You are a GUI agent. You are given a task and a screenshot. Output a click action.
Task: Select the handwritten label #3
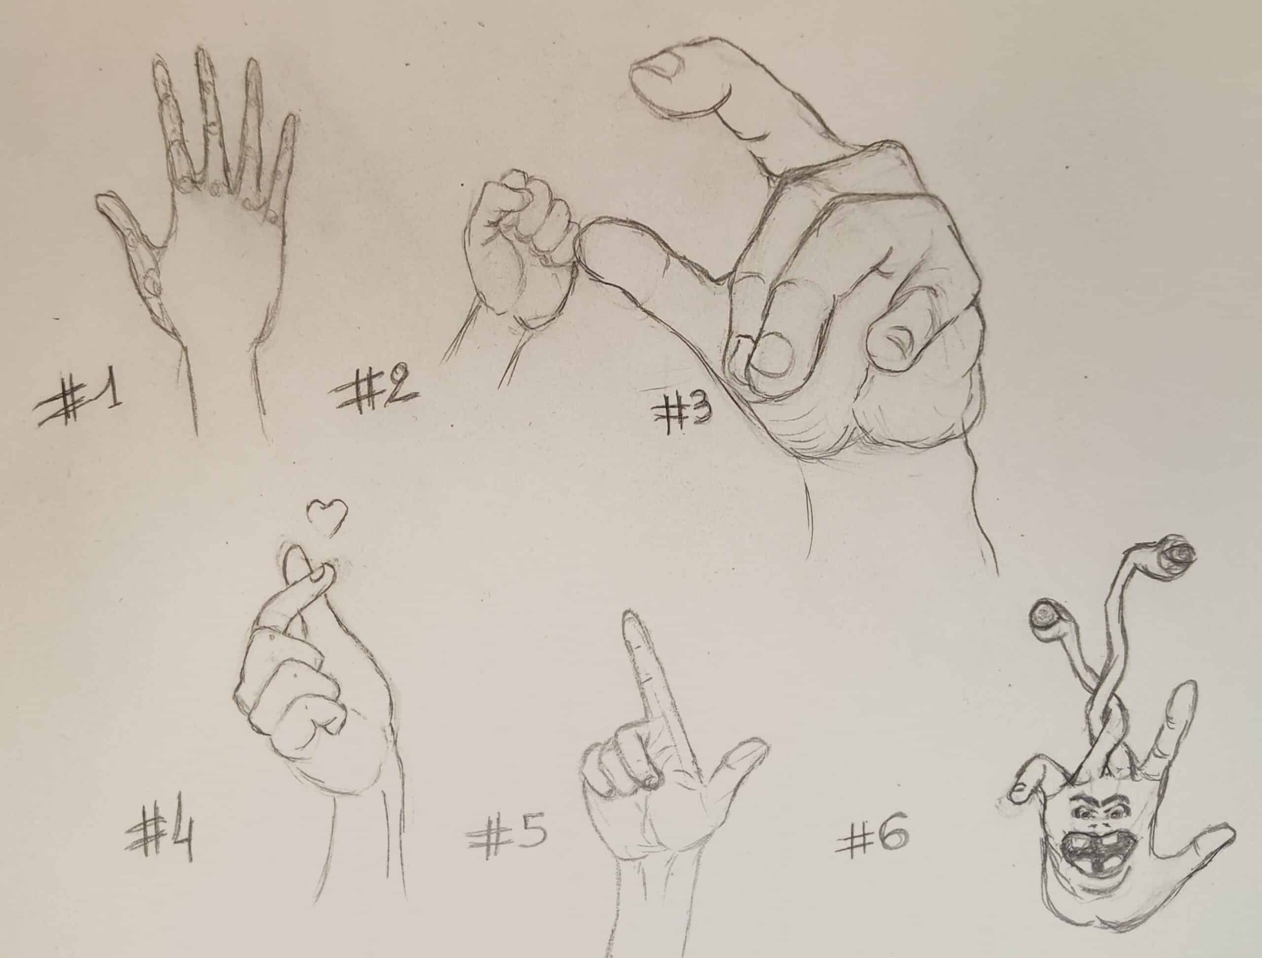681,416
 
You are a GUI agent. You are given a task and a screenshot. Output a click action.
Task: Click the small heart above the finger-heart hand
327,516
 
